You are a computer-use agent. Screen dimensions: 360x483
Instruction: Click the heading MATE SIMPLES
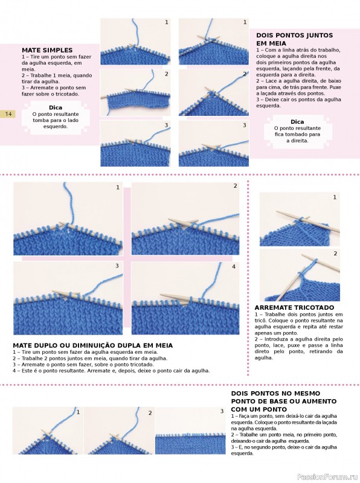(x=47, y=50)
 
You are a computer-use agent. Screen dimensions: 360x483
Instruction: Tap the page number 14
(x=8, y=114)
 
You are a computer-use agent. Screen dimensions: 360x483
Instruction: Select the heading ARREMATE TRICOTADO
(x=294, y=307)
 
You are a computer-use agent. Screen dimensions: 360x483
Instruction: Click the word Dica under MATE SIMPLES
(x=56, y=107)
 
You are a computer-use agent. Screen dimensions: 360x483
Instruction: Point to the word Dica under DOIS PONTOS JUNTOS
(x=297, y=122)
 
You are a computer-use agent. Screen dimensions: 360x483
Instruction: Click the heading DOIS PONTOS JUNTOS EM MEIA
(x=294, y=39)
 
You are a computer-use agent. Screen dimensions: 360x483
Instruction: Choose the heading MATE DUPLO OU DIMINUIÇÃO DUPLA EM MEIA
(x=93, y=345)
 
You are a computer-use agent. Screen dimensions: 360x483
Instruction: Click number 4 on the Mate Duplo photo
(x=234, y=266)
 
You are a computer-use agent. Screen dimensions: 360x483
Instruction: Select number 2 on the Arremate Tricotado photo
(x=335, y=254)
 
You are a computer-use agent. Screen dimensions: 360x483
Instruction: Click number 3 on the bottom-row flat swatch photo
(x=222, y=411)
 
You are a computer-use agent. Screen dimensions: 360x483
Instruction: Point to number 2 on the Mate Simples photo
(x=167, y=74)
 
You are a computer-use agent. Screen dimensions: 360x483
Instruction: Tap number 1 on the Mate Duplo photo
(x=118, y=187)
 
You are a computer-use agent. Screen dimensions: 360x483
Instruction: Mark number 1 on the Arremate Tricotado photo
(x=335, y=197)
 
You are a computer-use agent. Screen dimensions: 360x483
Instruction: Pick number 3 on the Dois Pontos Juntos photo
(x=245, y=125)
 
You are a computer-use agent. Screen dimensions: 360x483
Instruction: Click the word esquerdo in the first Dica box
(x=56, y=127)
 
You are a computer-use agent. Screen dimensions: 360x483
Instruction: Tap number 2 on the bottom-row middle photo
(x=150, y=413)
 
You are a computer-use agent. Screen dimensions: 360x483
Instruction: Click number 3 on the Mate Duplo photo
(x=117, y=266)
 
